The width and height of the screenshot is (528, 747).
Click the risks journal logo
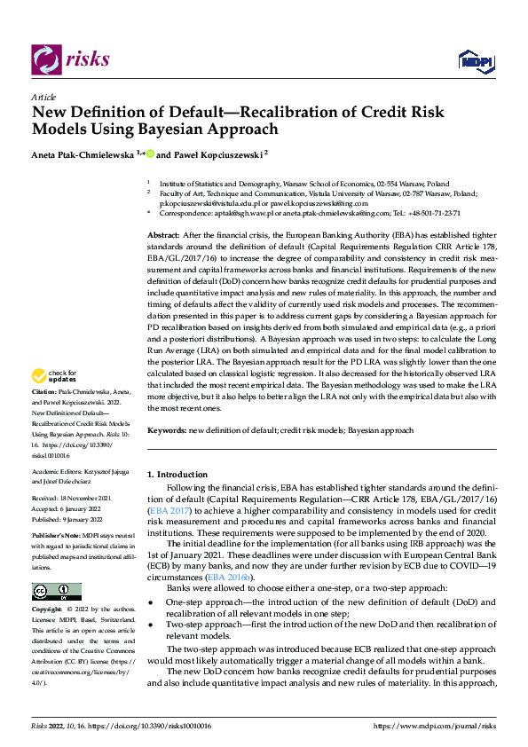(71, 59)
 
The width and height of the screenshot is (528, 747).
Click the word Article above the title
(43, 97)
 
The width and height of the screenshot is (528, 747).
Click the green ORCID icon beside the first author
(150, 153)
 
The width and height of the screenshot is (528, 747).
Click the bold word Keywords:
(167, 430)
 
